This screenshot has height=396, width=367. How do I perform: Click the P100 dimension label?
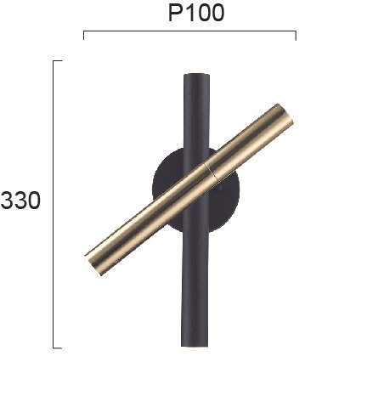[196, 13]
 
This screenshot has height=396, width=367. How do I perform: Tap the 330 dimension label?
[20, 201]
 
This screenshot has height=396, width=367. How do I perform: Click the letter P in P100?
[175, 13]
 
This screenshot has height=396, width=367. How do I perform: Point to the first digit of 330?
[7, 201]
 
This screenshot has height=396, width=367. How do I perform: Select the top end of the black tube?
[196, 74]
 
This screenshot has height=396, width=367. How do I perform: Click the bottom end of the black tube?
[195, 346]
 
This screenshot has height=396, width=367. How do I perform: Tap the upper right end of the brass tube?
[285, 114]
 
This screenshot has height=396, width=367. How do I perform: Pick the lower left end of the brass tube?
[93, 265]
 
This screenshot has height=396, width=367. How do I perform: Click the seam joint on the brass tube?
[211, 172]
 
